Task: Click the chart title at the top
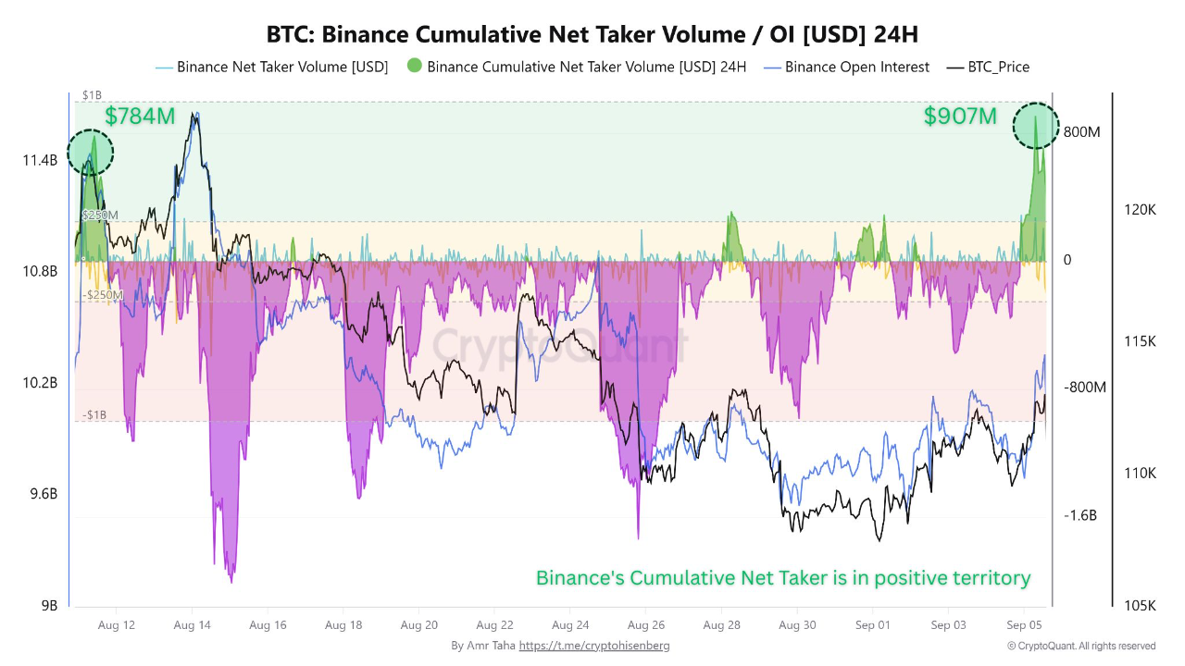592,34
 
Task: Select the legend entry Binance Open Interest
856,67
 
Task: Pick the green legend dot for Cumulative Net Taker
414,66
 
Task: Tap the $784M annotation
140,117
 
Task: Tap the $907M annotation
960,117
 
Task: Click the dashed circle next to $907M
1035,126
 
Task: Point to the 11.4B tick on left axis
40,161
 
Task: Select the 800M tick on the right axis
1081,132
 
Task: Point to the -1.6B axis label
1079,515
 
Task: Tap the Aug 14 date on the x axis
192,625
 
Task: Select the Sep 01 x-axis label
872,625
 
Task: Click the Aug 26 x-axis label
645,625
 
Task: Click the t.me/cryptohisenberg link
593,646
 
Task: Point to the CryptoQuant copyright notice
1081,646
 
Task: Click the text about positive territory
783,578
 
